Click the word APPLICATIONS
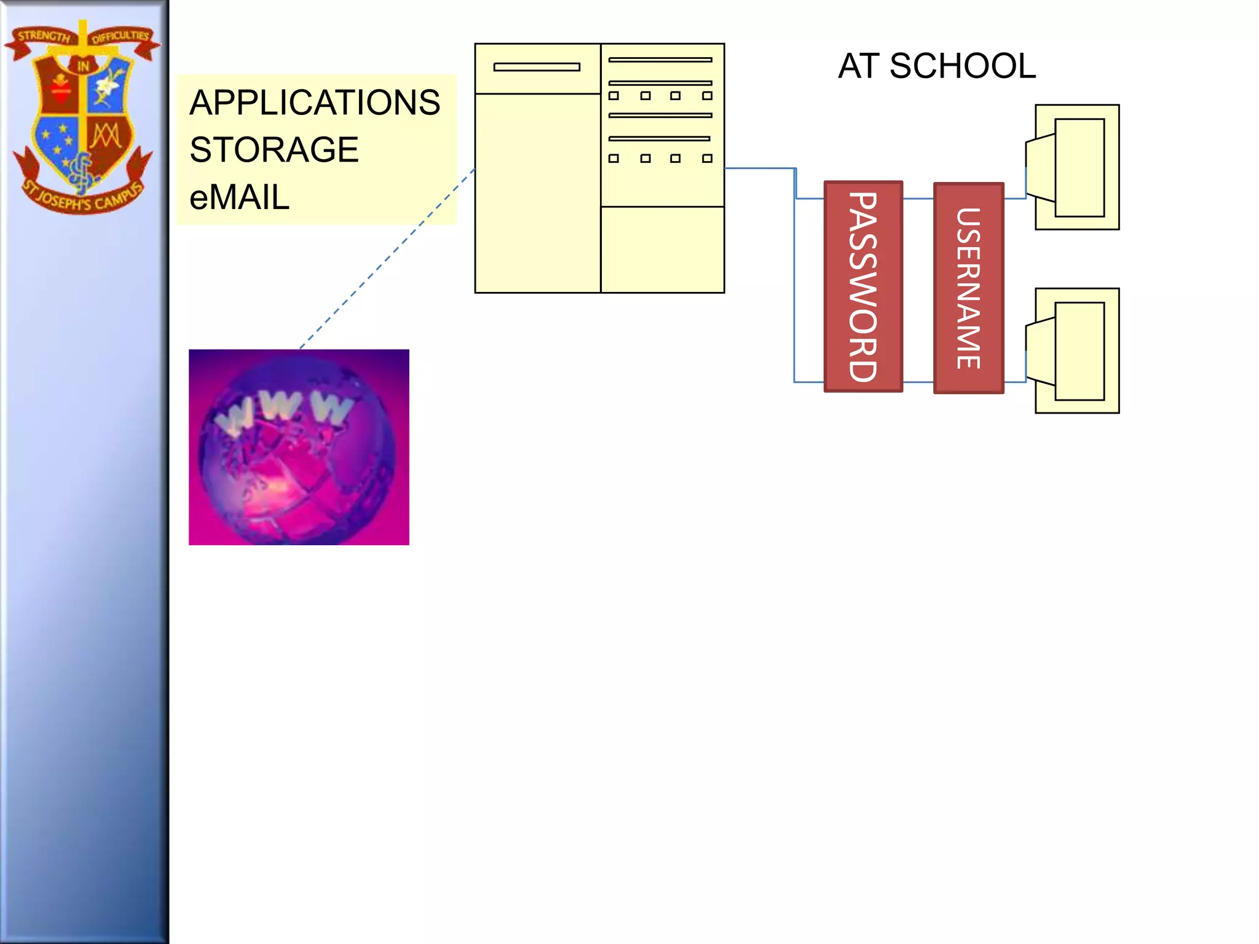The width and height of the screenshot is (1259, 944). point(315,103)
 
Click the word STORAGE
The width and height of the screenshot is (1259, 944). point(274,150)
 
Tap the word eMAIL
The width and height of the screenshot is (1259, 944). point(239,198)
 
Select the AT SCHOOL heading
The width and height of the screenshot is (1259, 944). point(936,66)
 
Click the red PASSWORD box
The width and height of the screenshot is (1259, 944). point(863,286)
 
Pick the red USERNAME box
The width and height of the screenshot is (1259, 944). point(968,288)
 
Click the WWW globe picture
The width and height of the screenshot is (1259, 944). point(299,447)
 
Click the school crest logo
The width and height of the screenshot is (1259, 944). point(82,117)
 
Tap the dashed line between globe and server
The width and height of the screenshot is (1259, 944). point(387,258)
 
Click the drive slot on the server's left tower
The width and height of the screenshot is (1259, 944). point(537,67)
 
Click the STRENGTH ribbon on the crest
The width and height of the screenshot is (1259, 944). point(43,36)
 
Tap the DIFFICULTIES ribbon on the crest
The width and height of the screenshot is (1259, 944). point(120,36)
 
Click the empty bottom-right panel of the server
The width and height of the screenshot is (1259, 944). point(662,250)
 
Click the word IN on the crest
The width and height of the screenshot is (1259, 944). point(83,66)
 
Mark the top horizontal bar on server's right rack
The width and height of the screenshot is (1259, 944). point(660,60)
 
